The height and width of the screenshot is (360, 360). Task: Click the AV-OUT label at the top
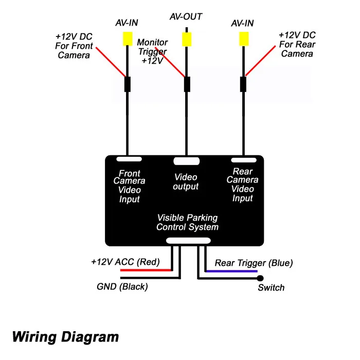point(186,16)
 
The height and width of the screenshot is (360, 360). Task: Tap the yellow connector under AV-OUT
point(187,39)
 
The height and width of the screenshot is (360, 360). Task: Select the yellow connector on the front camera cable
point(128,39)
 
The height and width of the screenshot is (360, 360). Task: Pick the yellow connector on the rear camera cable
point(244,39)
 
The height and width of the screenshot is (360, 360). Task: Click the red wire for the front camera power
point(111,62)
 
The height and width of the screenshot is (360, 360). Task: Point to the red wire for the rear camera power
point(261,61)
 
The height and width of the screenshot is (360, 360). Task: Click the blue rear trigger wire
point(232,271)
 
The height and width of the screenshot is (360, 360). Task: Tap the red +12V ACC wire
point(146,270)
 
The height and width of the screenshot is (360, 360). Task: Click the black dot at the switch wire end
point(260,278)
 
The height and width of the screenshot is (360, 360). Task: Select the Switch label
point(271,287)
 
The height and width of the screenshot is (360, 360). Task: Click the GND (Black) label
point(122,286)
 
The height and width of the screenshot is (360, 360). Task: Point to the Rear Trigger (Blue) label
point(254,263)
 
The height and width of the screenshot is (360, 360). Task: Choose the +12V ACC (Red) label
point(125,262)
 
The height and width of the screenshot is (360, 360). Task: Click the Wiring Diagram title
point(65,337)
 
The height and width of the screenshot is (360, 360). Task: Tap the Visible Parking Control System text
point(187,222)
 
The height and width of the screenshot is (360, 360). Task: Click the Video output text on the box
point(186,182)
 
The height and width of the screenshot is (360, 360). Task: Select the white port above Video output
point(186,161)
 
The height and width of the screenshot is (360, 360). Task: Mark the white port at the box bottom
point(188,241)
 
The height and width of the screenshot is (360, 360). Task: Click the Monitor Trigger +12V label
point(152,51)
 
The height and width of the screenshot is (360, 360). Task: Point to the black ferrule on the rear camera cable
point(243,84)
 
